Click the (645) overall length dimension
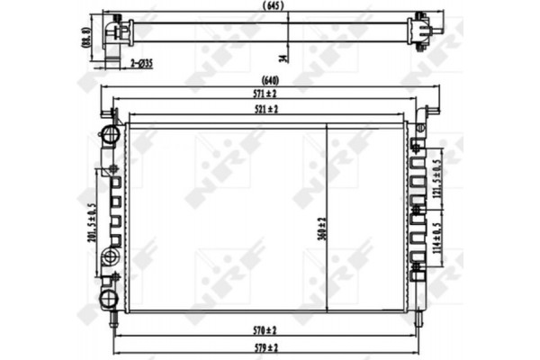pyautogui.click(x=269, y=6)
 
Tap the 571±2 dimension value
pyautogui.click(x=265, y=93)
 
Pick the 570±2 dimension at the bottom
pyautogui.click(x=265, y=330)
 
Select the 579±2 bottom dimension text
pyautogui.click(x=265, y=346)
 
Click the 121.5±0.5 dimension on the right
pyautogui.click(x=438, y=175)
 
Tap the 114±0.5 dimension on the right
pyautogui.click(x=438, y=237)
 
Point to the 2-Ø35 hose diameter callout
pyautogui.click(x=140, y=64)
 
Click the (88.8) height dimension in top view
pyautogui.click(x=86, y=38)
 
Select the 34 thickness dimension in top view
pyautogui.click(x=284, y=58)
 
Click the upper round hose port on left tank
pyautogui.click(x=111, y=135)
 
